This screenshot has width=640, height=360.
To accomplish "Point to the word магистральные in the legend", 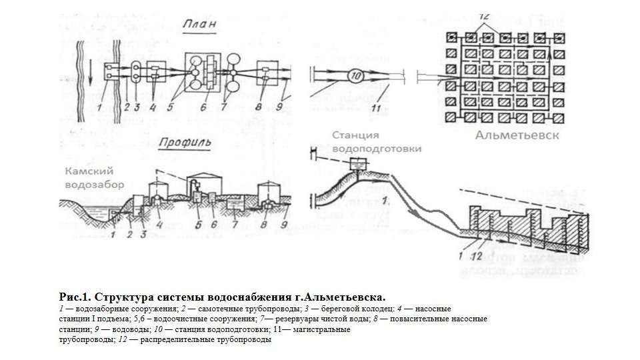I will click(x=325, y=329).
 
